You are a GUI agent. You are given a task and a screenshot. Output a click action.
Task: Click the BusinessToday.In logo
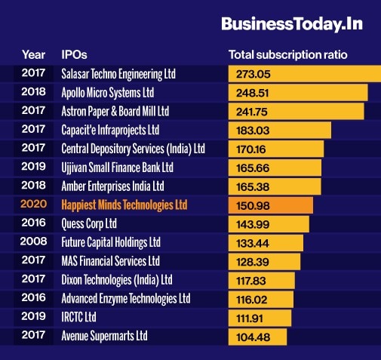tap(291, 24)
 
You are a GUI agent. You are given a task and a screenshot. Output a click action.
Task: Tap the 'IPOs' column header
tap(75, 55)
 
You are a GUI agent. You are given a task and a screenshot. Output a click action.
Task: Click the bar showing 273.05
tap(302, 74)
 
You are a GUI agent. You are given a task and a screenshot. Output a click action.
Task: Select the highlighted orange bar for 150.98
tap(270, 205)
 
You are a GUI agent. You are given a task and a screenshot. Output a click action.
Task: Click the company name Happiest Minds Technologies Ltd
tap(124, 205)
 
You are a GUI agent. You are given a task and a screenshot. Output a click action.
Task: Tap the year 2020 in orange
tap(33, 205)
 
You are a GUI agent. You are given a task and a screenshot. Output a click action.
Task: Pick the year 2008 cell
tap(33, 242)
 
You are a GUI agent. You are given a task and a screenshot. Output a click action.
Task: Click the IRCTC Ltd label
tap(79, 317)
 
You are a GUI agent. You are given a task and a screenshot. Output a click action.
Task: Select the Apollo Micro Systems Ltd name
tap(107, 93)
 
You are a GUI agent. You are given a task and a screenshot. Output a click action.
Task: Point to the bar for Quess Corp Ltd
tap(268, 224)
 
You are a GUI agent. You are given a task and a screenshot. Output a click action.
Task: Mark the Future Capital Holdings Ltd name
tap(111, 242)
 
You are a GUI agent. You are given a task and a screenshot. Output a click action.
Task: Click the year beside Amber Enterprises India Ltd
tap(33, 186)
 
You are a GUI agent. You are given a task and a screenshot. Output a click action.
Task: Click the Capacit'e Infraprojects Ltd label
tap(110, 130)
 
